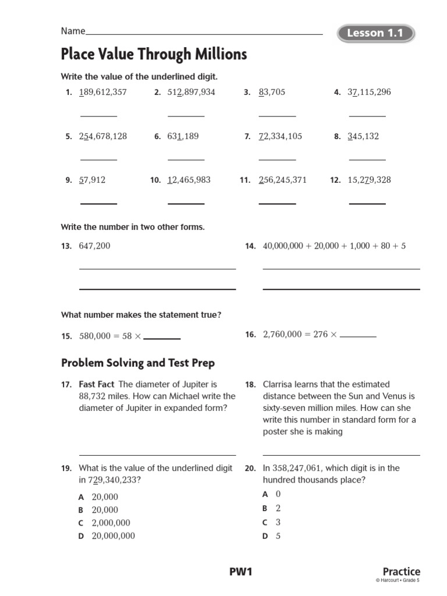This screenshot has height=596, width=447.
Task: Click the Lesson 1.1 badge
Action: [x=375, y=33]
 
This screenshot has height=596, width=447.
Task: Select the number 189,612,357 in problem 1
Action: [x=103, y=93]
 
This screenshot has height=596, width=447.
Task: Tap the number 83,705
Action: [x=272, y=93]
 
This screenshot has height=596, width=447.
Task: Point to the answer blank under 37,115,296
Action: [x=367, y=116]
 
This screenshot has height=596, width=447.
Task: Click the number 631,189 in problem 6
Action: [x=183, y=136]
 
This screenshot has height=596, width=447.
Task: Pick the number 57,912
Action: [x=92, y=180]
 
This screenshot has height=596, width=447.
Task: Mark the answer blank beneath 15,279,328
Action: [x=367, y=203]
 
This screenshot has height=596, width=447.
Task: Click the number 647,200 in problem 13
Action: [x=94, y=246]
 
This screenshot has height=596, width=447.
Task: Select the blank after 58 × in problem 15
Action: [x=162, y=338]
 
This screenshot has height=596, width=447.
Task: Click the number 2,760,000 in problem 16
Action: [x=283, y=334]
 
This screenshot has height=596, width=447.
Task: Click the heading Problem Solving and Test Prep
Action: [x=138, y=363]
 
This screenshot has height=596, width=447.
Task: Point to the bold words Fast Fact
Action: [x=97, y=384]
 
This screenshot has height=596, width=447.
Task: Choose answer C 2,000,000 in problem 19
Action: [x=111, y=523]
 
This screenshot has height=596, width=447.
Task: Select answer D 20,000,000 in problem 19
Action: [x=113, y=535]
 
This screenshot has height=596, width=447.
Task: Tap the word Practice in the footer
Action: [x=401, y=572]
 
